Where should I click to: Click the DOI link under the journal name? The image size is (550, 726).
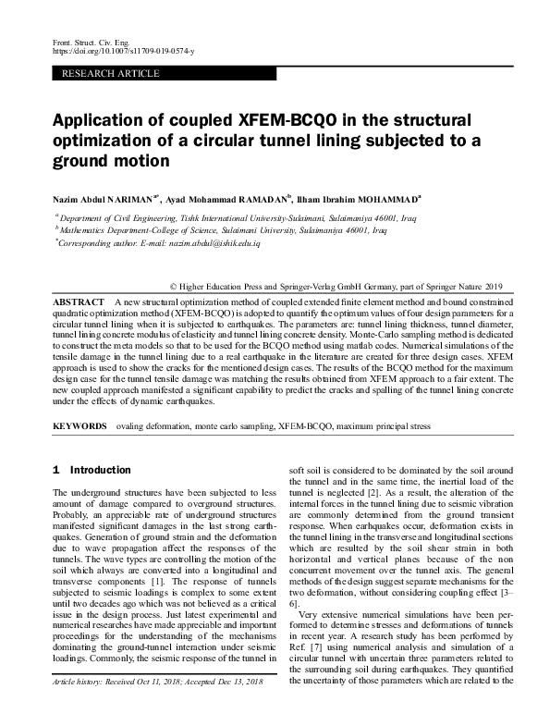point(114,53)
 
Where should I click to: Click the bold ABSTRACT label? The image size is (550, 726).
point(78,302)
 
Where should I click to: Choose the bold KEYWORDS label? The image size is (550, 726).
point(82,427)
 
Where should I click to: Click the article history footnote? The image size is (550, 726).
point(157,708)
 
